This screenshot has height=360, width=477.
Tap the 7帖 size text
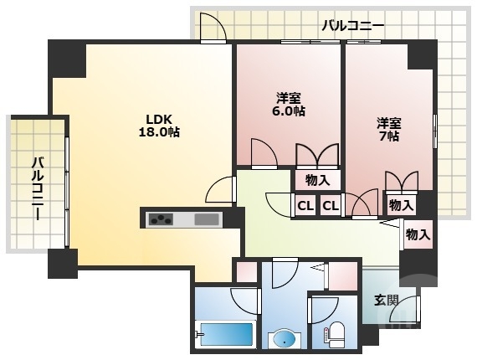[387, 136]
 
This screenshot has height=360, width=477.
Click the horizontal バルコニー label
[352, 26]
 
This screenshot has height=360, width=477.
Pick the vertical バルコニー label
[38, 189]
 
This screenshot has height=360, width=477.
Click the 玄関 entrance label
[386, 299]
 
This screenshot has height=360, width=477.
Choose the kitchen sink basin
[206, 219]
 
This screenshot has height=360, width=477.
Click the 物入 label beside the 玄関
[418, 234]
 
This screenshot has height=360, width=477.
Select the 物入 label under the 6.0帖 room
[317, 179]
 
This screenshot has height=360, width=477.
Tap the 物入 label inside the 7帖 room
[400, 204]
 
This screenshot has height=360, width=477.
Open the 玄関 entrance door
[403, 311]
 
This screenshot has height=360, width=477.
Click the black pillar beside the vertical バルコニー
[63, 263]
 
